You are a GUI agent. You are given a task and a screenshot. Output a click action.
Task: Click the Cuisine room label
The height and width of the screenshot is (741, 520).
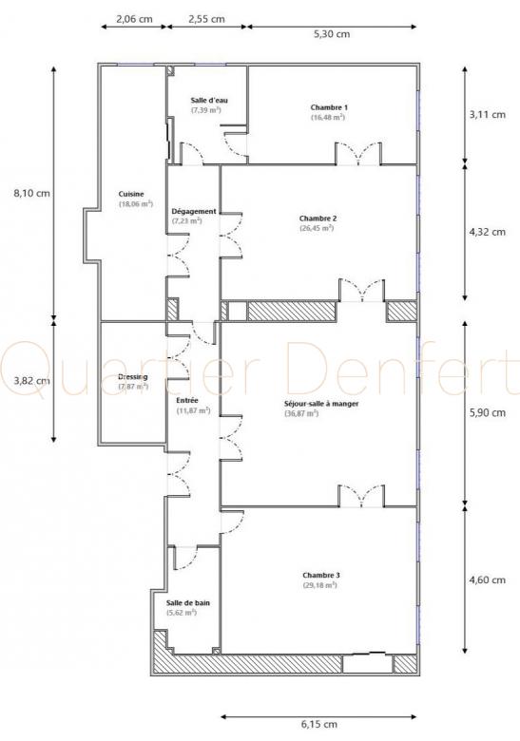pos(131,194)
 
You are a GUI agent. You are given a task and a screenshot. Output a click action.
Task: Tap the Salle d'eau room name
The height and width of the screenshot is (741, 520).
pos(209,100)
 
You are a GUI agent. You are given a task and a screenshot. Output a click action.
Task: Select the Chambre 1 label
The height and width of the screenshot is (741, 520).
pos(329,107)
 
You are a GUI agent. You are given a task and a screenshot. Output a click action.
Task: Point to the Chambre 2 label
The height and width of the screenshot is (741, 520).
pos(318,218)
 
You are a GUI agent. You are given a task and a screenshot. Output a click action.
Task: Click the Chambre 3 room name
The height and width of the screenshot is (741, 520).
pos(321,576)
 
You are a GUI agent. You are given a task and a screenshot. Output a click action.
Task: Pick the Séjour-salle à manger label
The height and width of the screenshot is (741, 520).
pos(321,404)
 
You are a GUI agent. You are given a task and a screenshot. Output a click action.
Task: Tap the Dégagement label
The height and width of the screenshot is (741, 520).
pos(194,211)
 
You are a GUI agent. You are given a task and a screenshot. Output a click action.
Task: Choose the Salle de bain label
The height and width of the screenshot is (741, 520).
pos(187,603)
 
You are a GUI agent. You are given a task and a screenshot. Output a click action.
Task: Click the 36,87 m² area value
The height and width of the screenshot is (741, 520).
pos(301,413)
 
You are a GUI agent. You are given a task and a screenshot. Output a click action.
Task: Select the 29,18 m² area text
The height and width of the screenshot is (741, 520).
pos(319,585)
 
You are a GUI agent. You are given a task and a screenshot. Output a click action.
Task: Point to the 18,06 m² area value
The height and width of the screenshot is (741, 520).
pos(136,204)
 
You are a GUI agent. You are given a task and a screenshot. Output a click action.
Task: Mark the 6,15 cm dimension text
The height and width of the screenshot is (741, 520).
pos(319,724)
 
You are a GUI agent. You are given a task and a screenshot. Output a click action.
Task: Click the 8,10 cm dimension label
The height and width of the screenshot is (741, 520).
pos(31,193)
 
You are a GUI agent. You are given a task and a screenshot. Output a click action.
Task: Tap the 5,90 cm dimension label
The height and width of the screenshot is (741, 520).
pos(488,413)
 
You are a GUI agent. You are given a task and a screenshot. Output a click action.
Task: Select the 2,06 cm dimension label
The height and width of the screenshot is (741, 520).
pos(134,19)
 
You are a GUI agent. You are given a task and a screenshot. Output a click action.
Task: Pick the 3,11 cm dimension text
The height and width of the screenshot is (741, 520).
pos(488,114)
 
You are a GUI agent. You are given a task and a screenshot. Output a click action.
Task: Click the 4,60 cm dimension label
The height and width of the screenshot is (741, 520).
pos(488,580)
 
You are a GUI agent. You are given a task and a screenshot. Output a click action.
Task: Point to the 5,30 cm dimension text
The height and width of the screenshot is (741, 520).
pos(332,34)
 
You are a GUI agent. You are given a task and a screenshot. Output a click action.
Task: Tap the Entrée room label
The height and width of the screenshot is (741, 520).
pos(187,401)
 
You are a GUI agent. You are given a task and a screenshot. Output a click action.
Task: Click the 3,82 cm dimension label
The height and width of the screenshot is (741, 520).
pos(31,380)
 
